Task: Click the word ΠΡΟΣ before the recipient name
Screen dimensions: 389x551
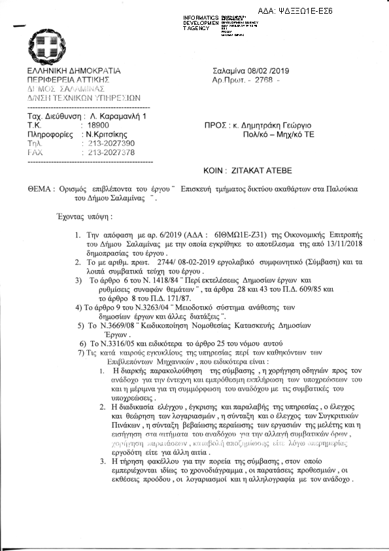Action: coord(216,124)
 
